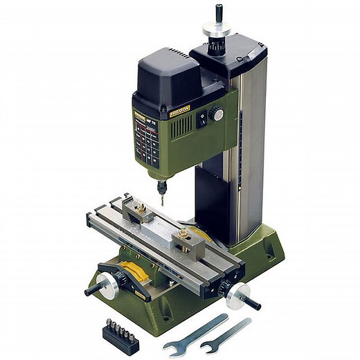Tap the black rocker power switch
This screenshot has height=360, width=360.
click(x=201, y=118)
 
